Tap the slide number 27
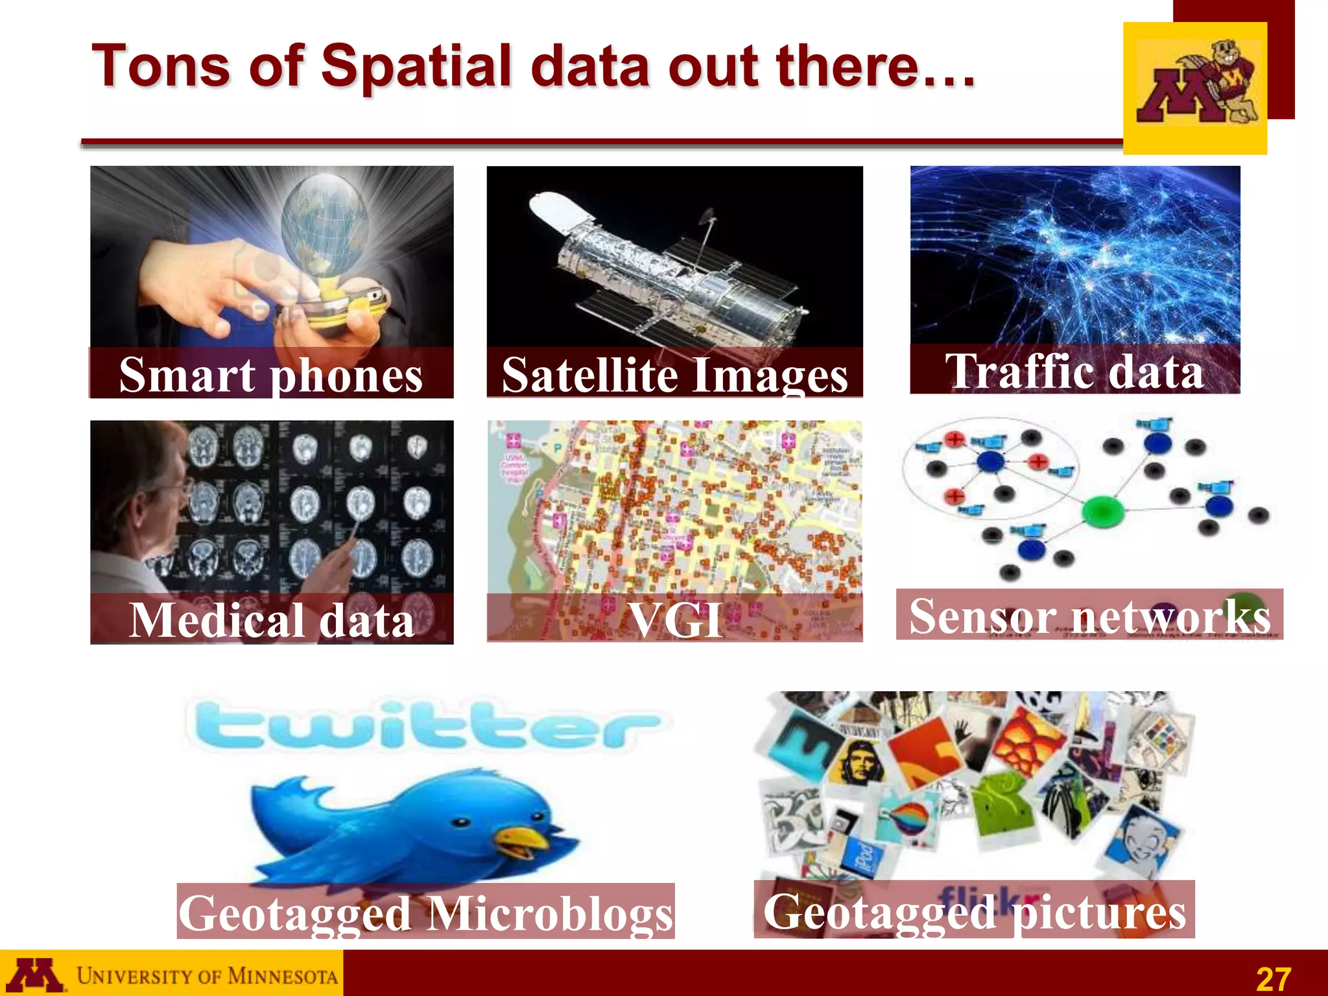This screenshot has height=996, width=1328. click(1273, 978)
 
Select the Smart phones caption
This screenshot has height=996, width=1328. click(271, 375)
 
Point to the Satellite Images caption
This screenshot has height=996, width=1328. click(674, 375)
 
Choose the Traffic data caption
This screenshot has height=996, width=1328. click(1074, 371)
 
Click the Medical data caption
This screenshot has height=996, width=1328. click(272, 620)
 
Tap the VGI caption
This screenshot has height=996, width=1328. click(674, 620)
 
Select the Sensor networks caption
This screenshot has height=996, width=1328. click(1089, 615)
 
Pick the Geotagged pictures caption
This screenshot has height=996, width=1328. click(974, 910)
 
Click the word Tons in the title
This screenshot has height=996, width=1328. click(161, 66)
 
